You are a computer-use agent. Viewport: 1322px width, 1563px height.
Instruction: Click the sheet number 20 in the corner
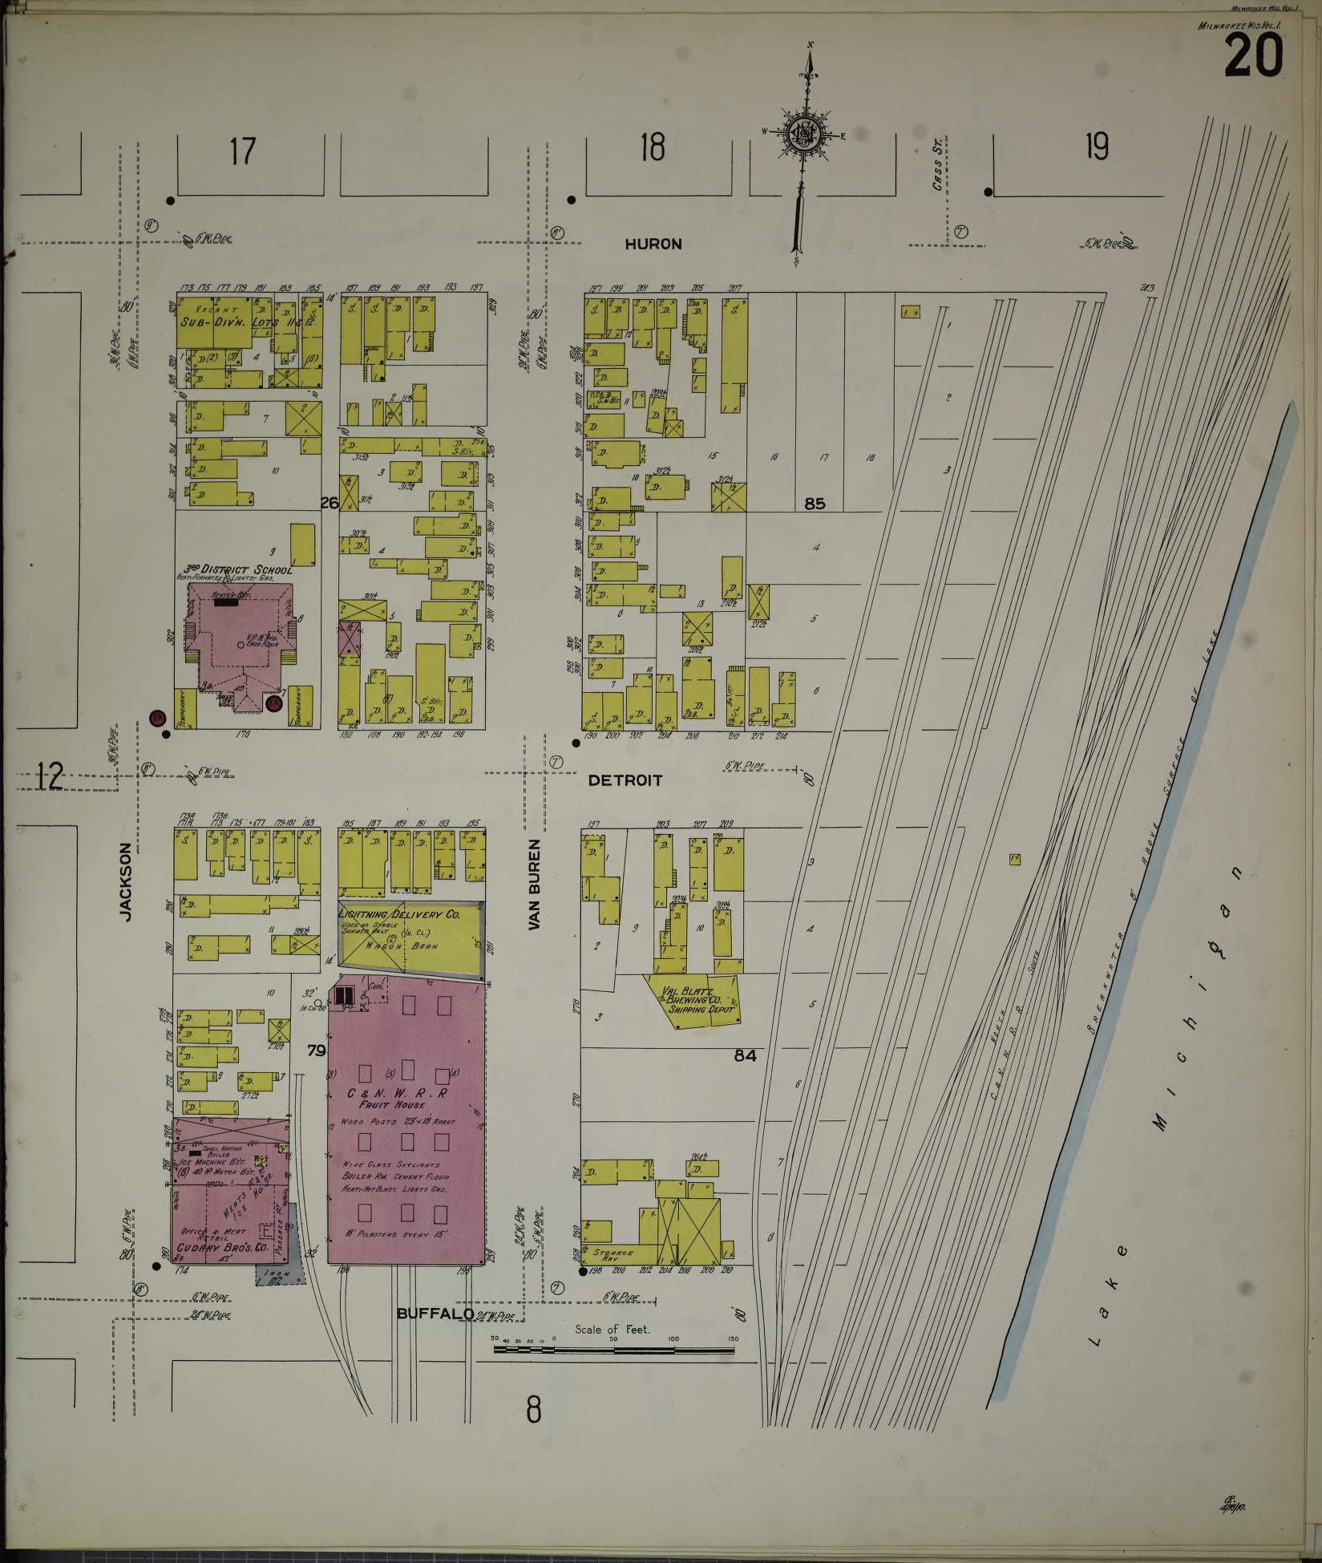click(1253, 58)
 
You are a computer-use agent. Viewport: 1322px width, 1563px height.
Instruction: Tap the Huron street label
click(653, 244)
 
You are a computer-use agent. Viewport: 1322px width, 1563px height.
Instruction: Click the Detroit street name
click(625, 779)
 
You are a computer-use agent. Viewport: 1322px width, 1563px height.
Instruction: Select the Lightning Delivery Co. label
click(398, 914)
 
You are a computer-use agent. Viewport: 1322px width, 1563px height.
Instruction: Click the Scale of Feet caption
click(612, 1330)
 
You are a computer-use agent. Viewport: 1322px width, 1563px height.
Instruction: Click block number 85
click(815, 504)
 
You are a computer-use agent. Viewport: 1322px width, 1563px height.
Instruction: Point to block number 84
click(746, 1056)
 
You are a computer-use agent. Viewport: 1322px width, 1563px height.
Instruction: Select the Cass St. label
click(936, 173)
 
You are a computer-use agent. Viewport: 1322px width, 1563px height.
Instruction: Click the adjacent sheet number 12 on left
click(50, 776)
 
